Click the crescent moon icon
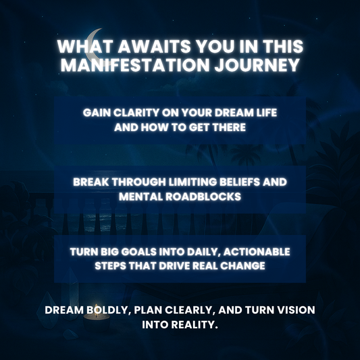tap(95, 39)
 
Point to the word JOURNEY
tap(265, 66)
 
